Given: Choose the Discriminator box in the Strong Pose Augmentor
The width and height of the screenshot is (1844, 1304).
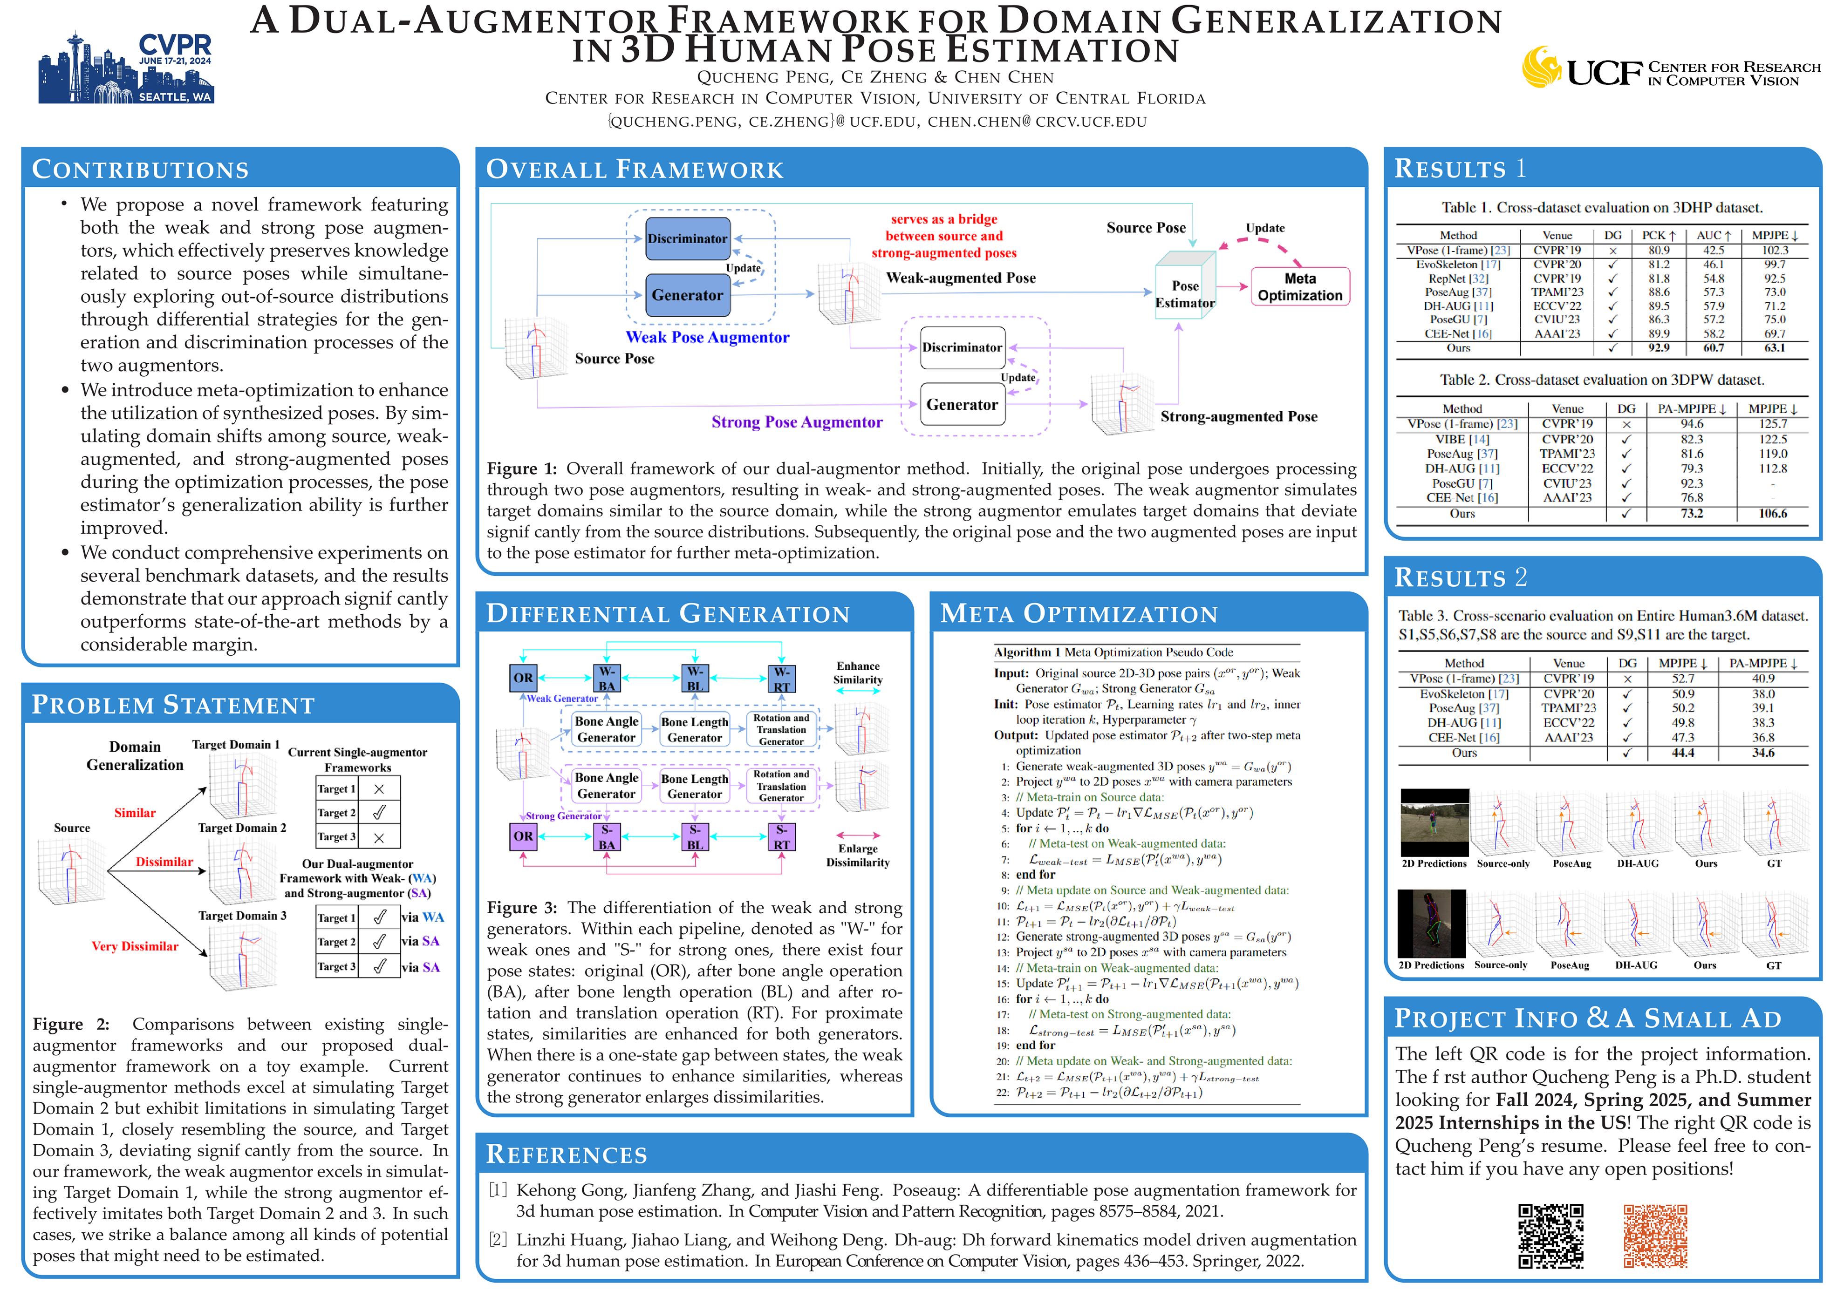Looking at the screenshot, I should [x=961, y=347].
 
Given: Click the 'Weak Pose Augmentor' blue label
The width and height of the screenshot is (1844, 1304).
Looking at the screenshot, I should [x=707, y=337].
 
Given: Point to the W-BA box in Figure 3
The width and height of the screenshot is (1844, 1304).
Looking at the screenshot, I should [x=607, y=678].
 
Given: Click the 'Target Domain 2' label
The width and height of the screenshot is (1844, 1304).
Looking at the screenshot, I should [x=242, y=828].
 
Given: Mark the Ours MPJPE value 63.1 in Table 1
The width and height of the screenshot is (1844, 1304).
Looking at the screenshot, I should [x=1774, y=348].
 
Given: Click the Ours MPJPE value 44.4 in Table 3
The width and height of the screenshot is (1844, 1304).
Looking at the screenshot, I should [x=1683, y=753].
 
